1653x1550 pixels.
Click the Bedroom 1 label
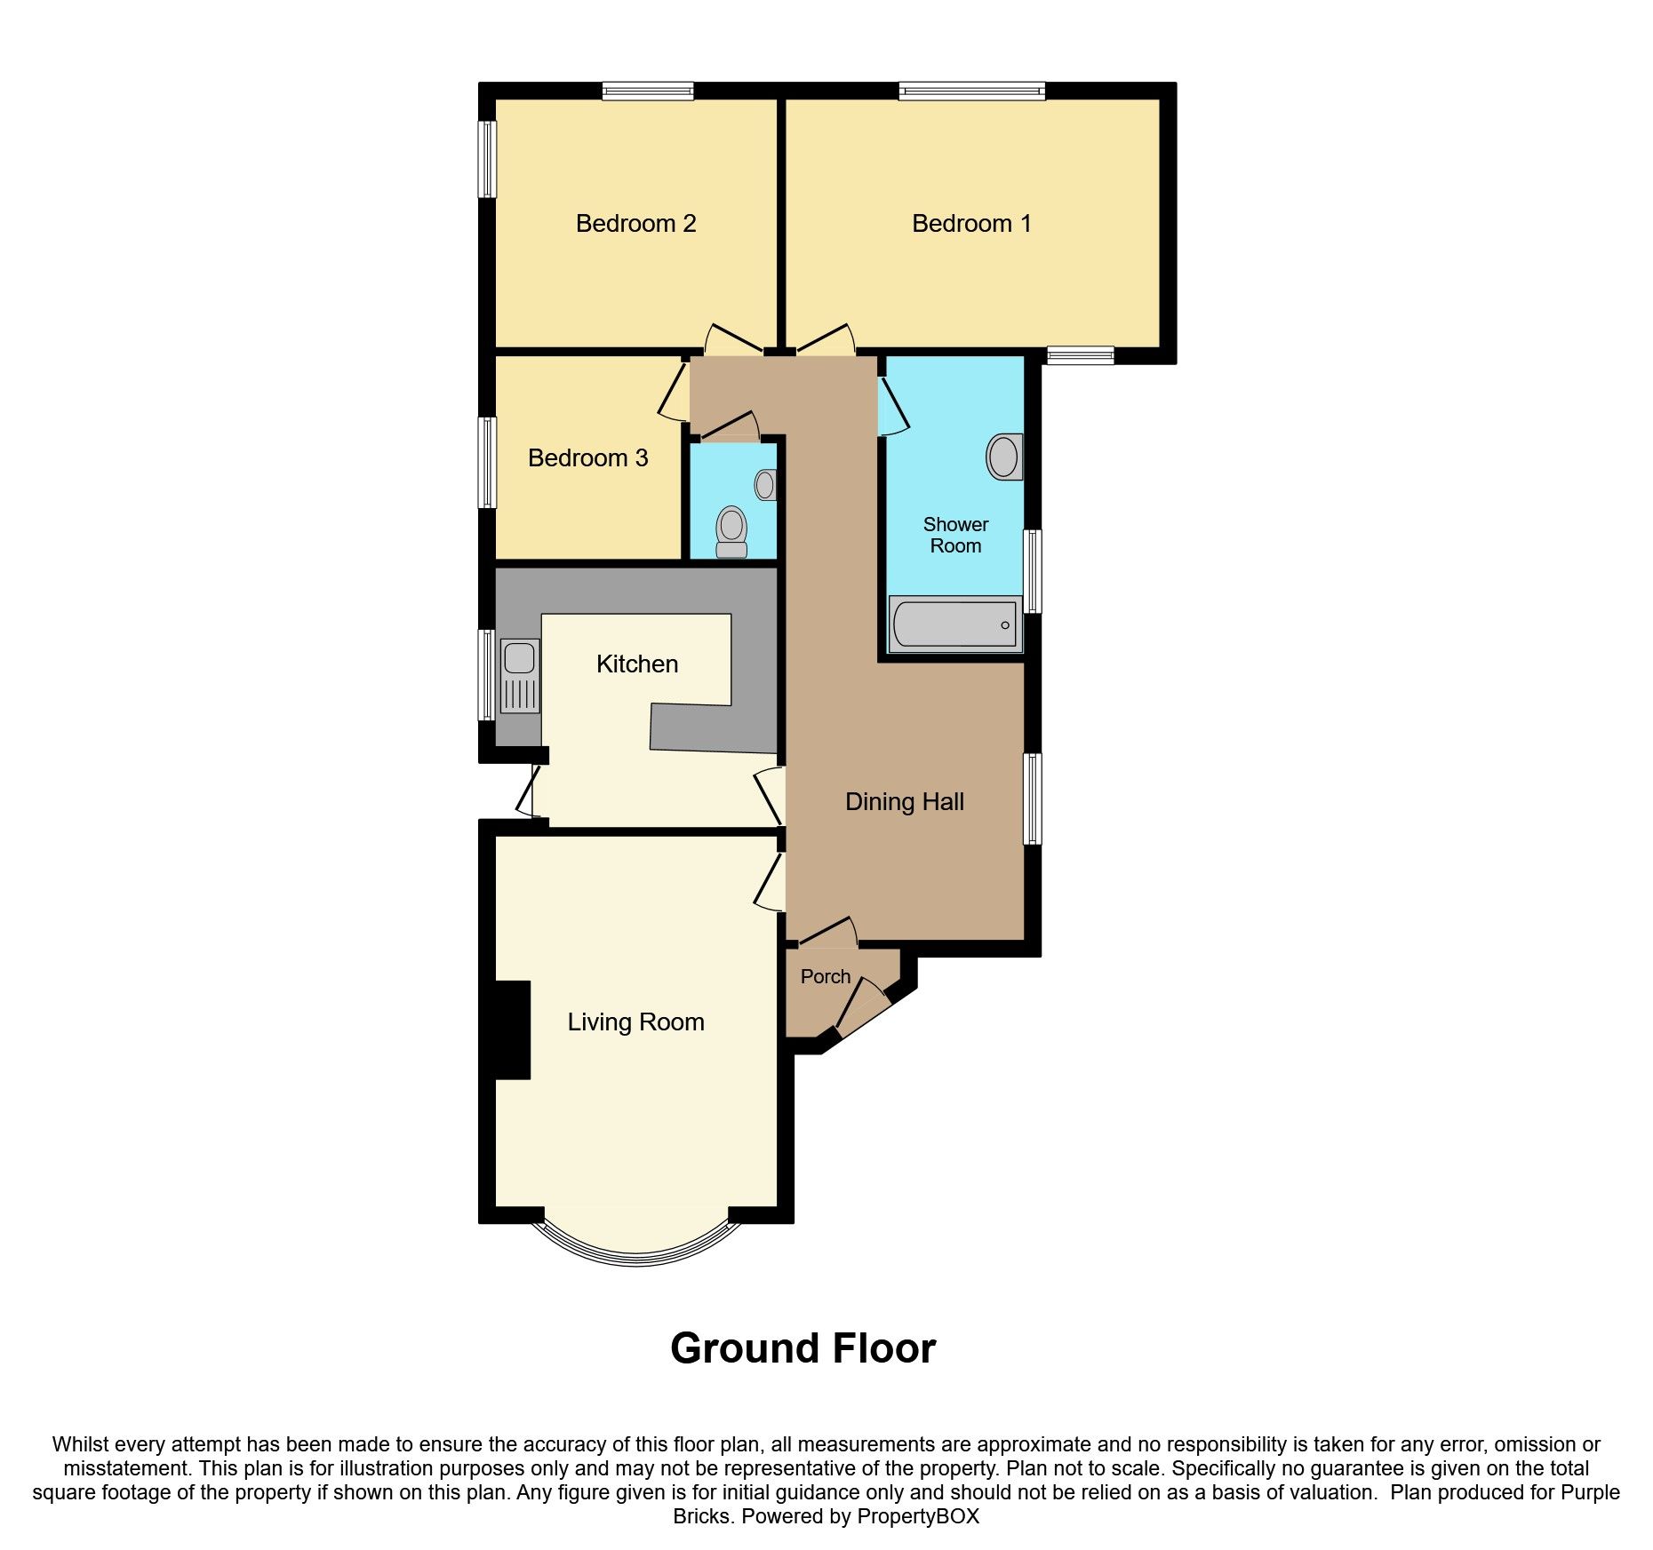click(x=971, y=223)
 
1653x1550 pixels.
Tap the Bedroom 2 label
click(x=635, y=223)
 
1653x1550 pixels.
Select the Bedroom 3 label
click(x=587, y=457)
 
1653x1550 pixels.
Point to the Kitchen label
click(x=636, y=664)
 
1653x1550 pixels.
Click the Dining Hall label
click(x=904, y=801)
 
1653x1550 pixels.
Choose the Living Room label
click(x=635, y=1021)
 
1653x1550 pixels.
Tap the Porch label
click(x=825, y=976)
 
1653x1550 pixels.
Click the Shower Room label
click(x=955, y=535)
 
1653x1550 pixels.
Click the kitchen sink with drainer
click(x=520, y=675)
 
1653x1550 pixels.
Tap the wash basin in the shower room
click(x=1004, y=457)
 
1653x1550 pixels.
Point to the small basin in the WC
click(x=765, y=484)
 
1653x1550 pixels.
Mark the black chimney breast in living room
click(x=511, y=1029)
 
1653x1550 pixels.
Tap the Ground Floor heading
click(x=803, y=1347)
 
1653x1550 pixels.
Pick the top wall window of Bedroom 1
click(x=971, y=91)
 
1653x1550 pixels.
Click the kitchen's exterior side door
click(x=530, y=791)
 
